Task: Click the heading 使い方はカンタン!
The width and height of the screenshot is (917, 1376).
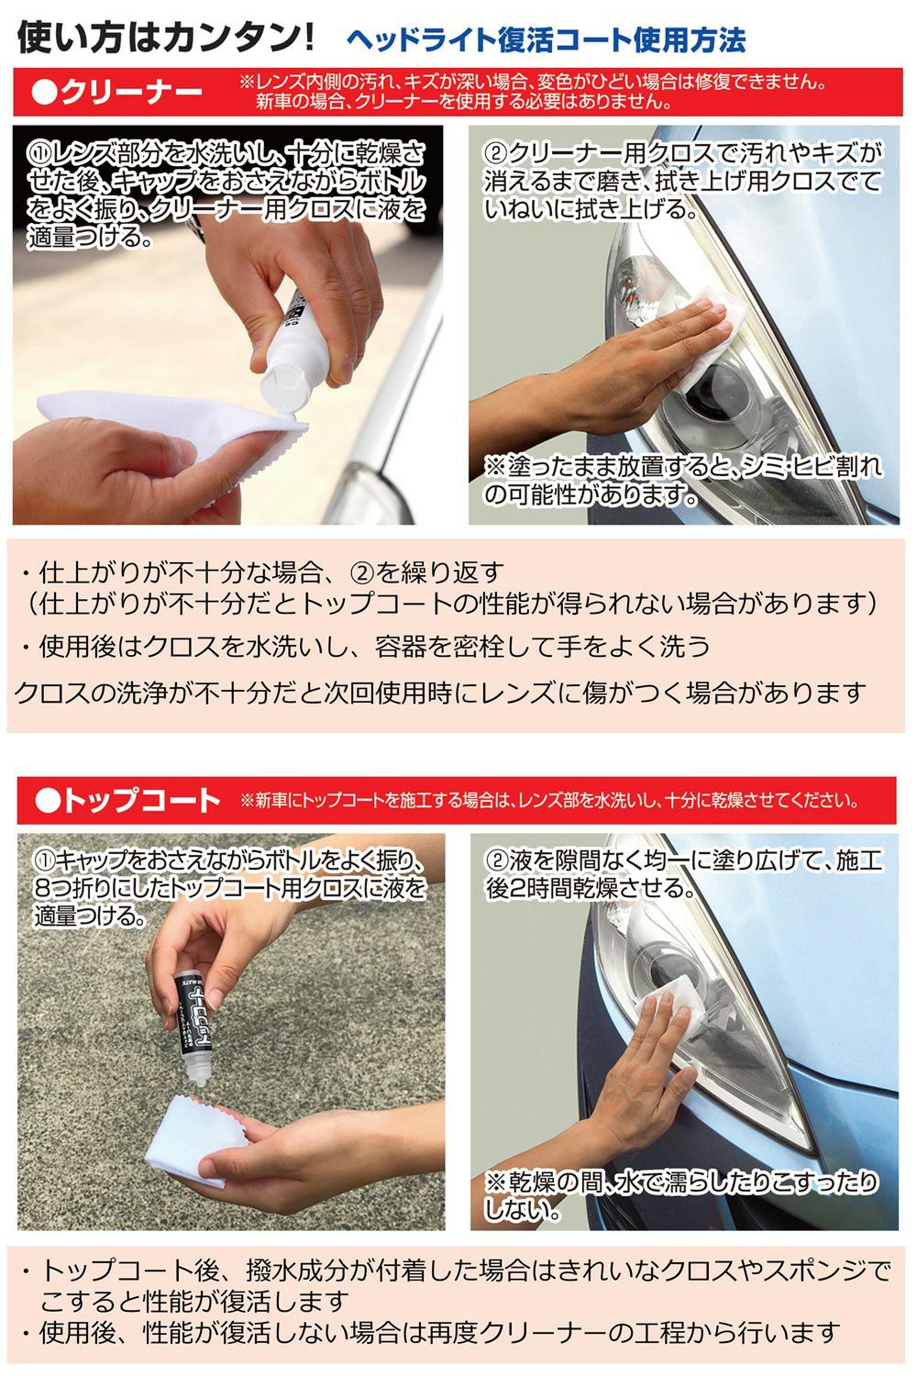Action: click(166, 37)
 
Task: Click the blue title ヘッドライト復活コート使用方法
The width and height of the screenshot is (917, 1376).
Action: click(546, 40)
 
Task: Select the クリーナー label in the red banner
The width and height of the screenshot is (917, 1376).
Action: click(116, 93)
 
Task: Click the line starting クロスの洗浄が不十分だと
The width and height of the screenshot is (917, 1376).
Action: click(440, 693)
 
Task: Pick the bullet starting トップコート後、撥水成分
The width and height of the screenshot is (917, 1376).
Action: click(455, 1284)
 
